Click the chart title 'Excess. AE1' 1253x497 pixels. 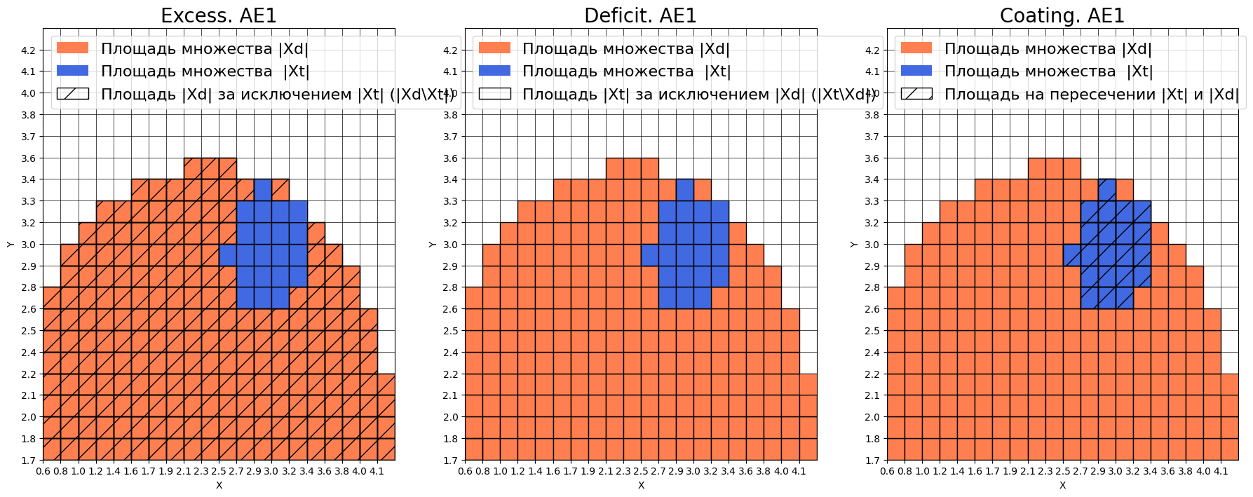point(219,15)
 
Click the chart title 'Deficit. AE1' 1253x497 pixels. point(640,15)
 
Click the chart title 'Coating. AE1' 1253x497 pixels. point(1062,15)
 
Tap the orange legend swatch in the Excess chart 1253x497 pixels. point(72,48)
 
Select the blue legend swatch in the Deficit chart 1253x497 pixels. point(494,71)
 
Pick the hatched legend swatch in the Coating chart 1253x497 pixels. point(916,94)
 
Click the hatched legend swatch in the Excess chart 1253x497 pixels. point(72,94)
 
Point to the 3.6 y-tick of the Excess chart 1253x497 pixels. point(28,158)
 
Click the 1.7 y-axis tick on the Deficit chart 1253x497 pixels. point(449,461)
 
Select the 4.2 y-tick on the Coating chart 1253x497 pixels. point(872,50)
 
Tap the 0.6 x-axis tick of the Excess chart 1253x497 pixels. point(43,472)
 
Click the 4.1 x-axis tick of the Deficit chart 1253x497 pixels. point(799,472)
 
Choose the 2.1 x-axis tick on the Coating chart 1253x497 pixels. point(1028,472)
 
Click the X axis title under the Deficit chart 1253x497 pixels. point(641,485)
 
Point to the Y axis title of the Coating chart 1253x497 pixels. point(853,245)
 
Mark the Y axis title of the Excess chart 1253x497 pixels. point(10,245)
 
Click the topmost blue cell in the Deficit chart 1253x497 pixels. point(685,190)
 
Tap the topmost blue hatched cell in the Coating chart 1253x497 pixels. point(1107,190)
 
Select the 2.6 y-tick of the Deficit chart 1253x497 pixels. point(449,309)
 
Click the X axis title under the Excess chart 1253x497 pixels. point(219,485)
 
